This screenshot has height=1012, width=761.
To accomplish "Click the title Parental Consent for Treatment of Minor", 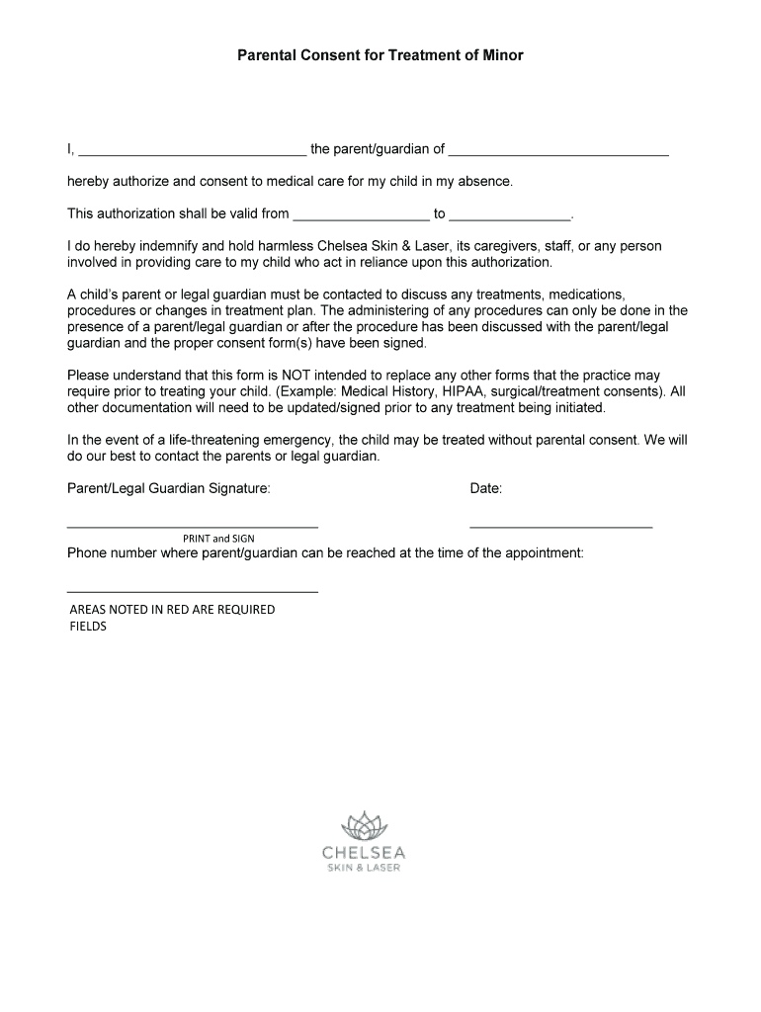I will [380, 56].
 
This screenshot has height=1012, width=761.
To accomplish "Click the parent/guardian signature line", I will [192, 525].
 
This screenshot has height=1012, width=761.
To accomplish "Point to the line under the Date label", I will [560, 525].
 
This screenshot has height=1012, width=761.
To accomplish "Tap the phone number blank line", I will [192, 590].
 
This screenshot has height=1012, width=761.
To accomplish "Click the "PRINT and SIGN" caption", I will [218, 539].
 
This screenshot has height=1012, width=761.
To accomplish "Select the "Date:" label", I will [486, 488].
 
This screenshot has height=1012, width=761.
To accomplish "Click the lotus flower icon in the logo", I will [363, 825].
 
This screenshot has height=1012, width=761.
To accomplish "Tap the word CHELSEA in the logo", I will [363, 853].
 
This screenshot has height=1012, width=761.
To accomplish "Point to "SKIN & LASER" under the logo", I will [363, 869].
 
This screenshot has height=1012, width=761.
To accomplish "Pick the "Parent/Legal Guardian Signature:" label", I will [168, 488].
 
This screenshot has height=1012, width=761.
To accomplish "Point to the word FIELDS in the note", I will [87, 627].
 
